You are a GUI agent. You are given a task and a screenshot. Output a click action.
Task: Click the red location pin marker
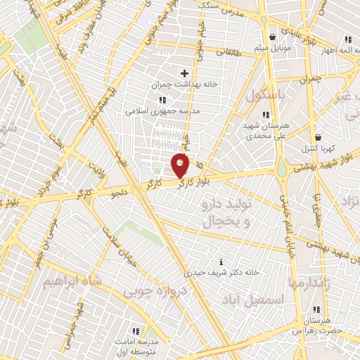[x=181, y=165]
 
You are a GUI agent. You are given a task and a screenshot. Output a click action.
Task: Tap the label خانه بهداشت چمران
[x=185, y=84]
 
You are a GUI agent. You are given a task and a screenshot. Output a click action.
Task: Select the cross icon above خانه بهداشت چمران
[x=185, y=73]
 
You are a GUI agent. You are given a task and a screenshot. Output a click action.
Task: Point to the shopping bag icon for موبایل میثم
[x=273, y=37]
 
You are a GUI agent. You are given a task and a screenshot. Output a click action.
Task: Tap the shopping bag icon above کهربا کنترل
[x=319, y=137]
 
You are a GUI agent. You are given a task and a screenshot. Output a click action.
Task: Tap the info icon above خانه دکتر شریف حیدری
[x=222, y=261]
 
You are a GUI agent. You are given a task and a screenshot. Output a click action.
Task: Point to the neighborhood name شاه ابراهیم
[x=73, y=281]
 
